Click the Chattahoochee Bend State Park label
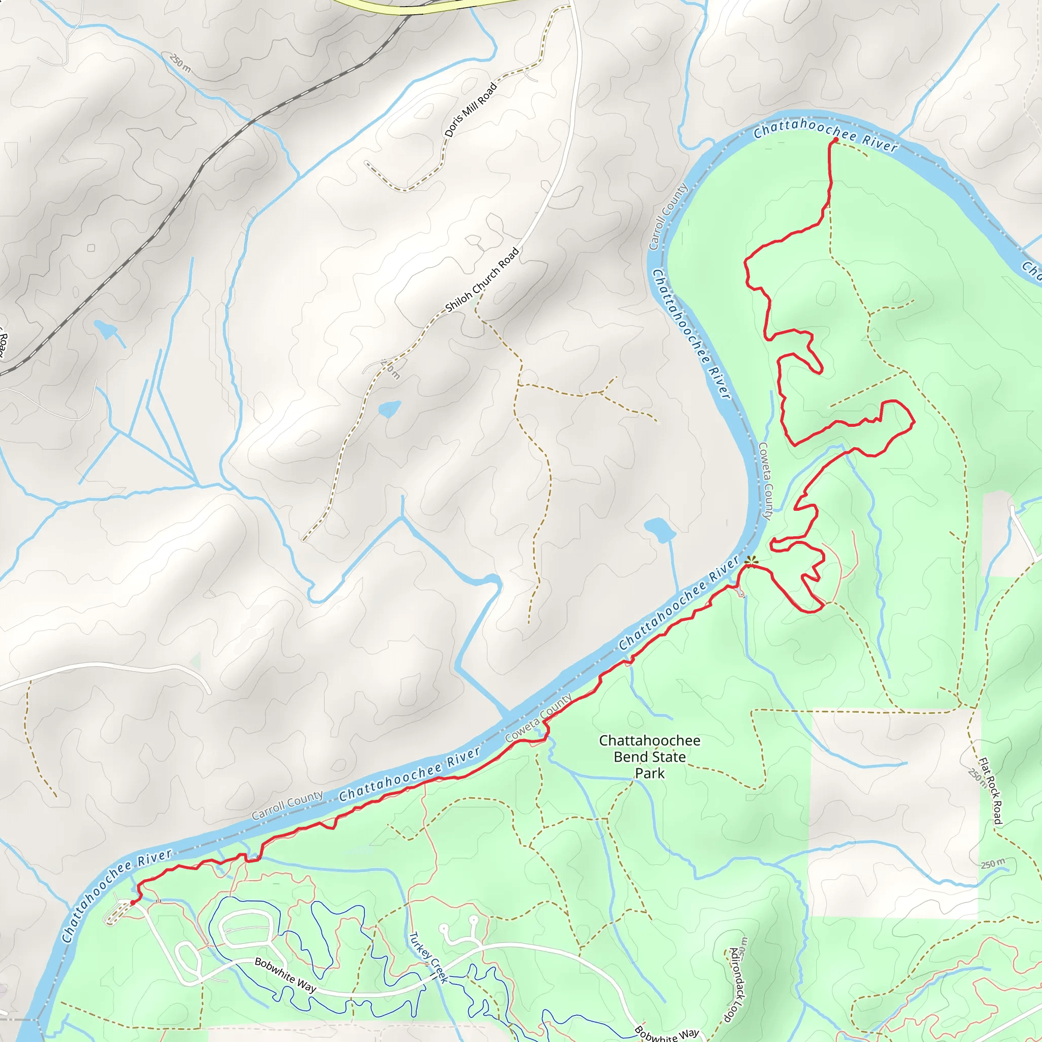click(x=649, y=757)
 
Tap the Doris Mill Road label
click(x=470, y=110)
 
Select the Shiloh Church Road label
click(x=482, y=280)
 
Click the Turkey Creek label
click(x=429, y=958)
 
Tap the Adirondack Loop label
click(x=737, y=985)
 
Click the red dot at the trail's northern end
click(x=835, y=140)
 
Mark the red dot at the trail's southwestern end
click(x=133, y=902)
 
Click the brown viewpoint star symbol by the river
click(x=751, y=563)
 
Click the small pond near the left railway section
click(x=106, y=329)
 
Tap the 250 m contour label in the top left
click(x=180, y=63)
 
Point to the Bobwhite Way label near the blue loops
click(x=285, y=974)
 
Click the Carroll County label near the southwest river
click(x=287, y=805)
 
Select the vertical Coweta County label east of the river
click(x=765, y=481)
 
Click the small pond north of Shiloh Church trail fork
click(x=389, y=409)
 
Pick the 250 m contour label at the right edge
click(x=992, y=863)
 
